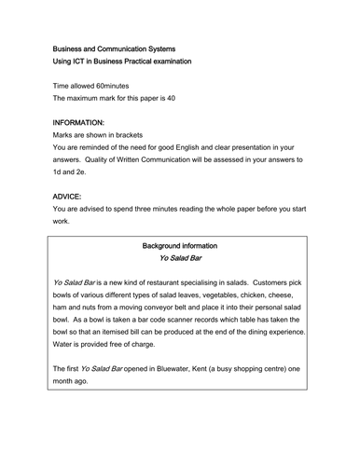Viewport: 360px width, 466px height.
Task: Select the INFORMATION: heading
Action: [85, 121]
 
